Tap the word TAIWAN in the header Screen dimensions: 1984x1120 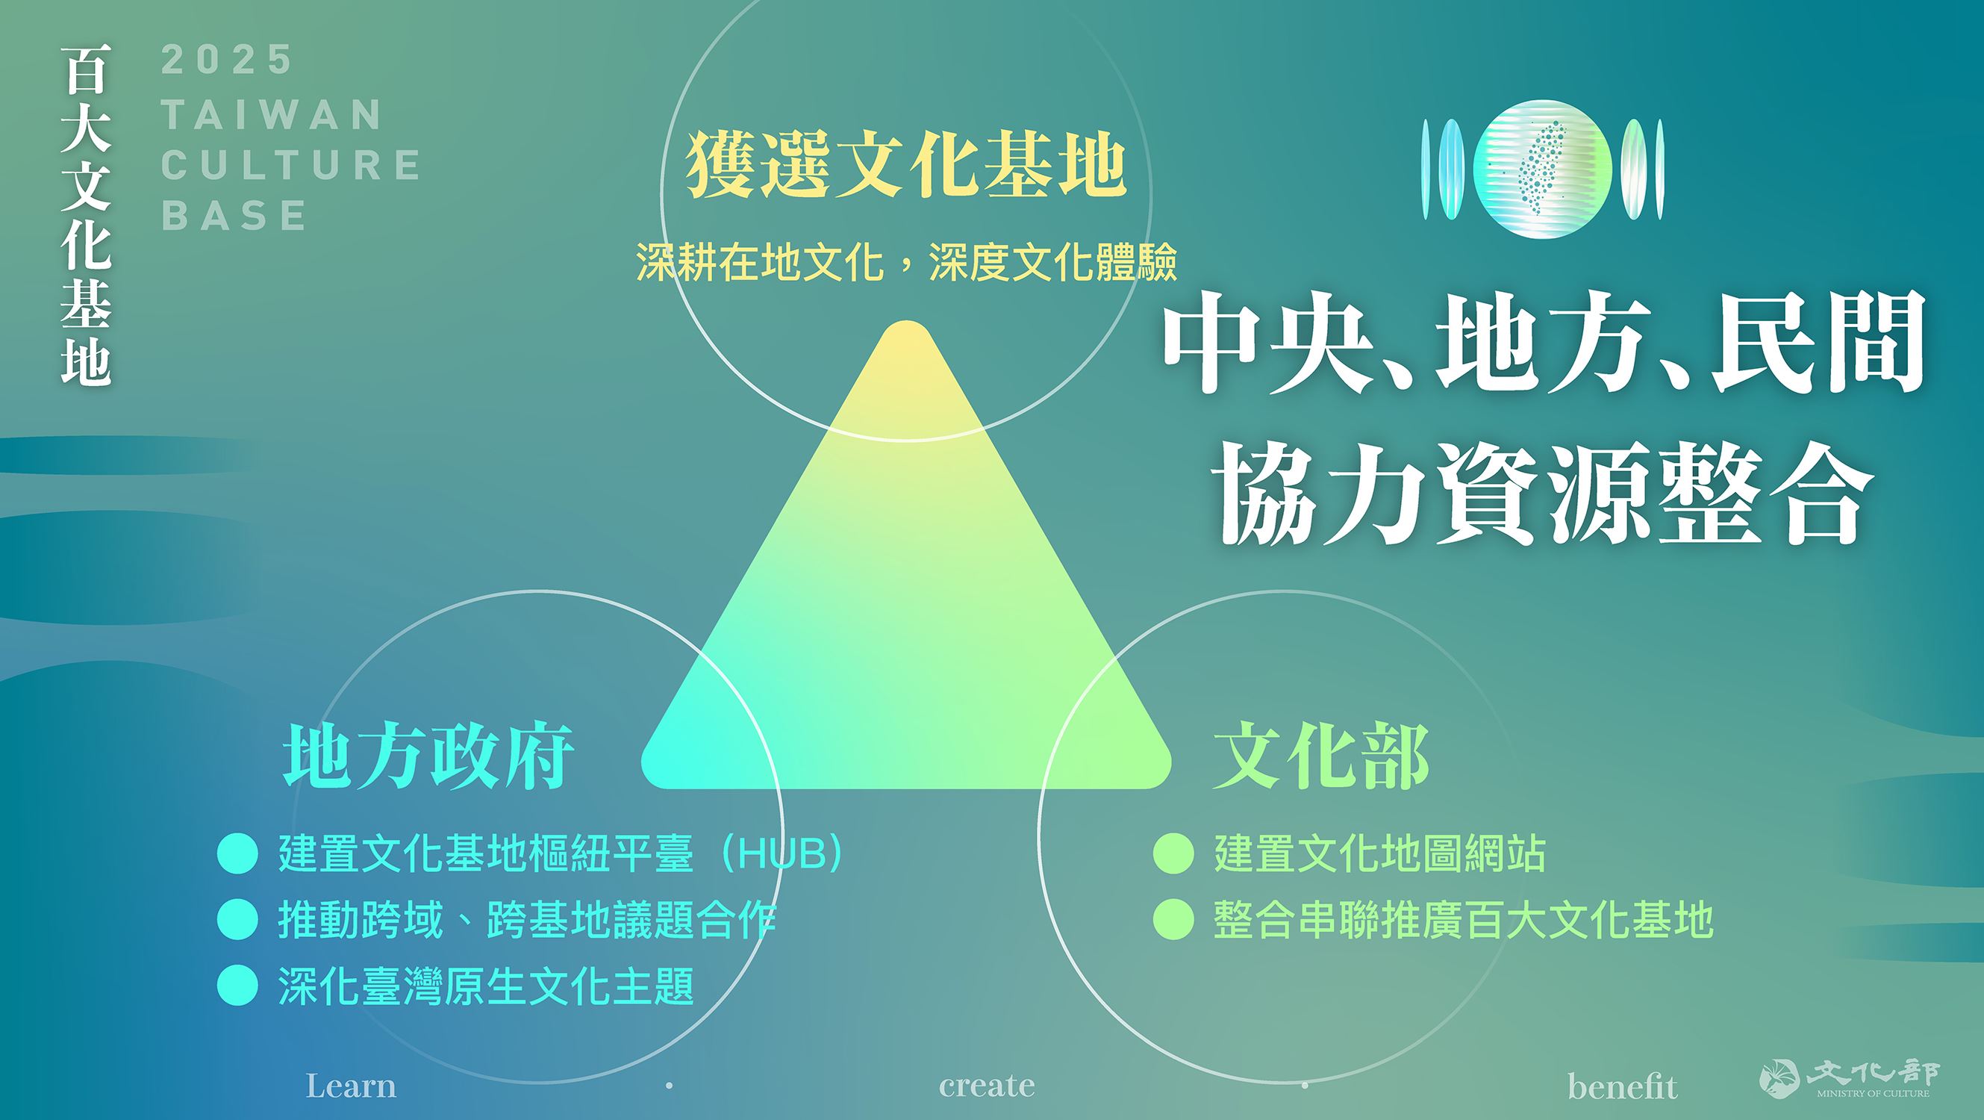[x=272, y=114]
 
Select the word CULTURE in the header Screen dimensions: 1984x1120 [x=291, y=165]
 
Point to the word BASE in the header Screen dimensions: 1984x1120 [x=235, y=215]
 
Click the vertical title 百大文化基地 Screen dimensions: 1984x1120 [x=87, y=215]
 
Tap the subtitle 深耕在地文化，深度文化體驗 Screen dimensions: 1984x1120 [x=906, y=263]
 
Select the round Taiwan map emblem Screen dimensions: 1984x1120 [x=1542, y=168]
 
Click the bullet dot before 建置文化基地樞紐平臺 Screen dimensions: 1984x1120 [x=237, y=853]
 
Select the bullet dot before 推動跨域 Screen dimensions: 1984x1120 [x=237, y=920]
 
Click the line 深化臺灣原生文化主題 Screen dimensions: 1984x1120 [x=487, y=986]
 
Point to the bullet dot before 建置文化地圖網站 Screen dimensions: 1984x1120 [x=1174, y=853]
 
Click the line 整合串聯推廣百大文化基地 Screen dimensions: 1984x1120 [x=1463, y=920]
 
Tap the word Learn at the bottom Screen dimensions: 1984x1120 [x=352, y=1086]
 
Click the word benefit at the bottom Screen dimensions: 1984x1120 [x=1622, y=1086]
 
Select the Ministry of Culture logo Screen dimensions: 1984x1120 [x=1848, y=1080]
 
